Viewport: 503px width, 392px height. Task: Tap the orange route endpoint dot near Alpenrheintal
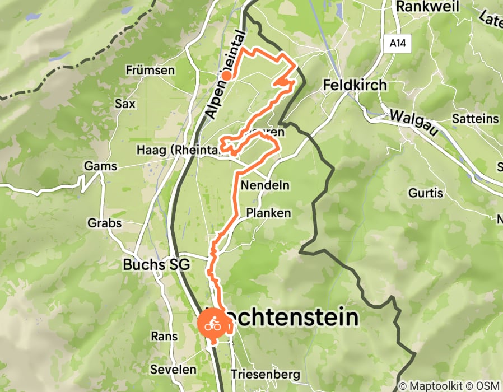tap(226, 75)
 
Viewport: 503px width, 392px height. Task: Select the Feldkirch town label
tap(355, 85)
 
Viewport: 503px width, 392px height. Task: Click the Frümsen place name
tap(150, 71)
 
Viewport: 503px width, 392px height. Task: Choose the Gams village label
tap(100, 166)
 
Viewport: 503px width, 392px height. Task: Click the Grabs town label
tap(104, 223)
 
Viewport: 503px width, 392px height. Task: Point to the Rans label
tap(164, 337)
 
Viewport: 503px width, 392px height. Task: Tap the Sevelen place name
tap(173, 370)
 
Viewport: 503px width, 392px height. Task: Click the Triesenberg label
tap(266, 374)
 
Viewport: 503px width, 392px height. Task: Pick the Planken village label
tap(269, 213)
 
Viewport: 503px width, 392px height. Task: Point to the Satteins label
tap(475, 119)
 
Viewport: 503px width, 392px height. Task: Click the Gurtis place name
tap(426, 193)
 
